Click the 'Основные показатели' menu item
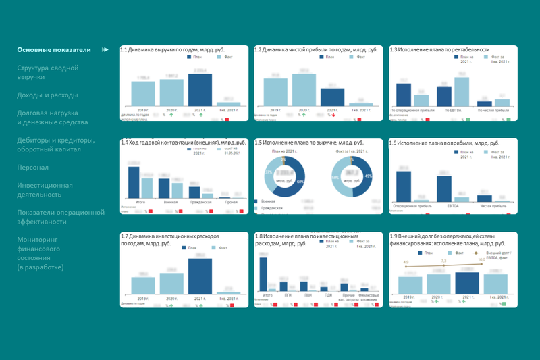tap(53, 49)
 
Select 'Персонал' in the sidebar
tap(33, 167)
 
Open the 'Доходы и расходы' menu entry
tap(47, 95)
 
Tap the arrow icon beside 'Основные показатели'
tap(105, 49)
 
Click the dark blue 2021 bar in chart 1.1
tap(200, 89)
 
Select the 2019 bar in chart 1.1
tap(143, 94)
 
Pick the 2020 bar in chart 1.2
tap(304, 89)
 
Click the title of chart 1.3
tap(439, 49)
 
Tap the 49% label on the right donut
tap(369, 176)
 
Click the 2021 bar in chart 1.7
tap(200, 278)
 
